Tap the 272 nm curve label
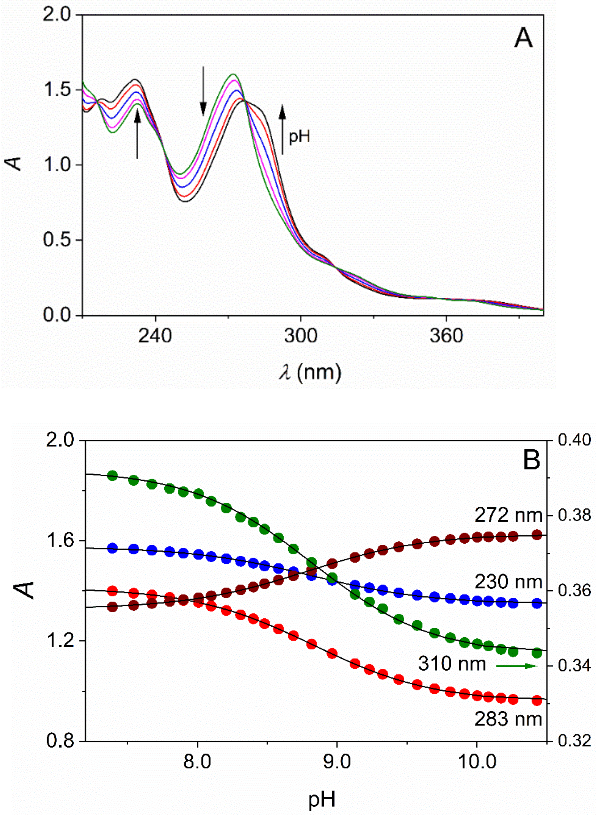508,516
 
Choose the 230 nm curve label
508,582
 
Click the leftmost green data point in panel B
113,475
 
